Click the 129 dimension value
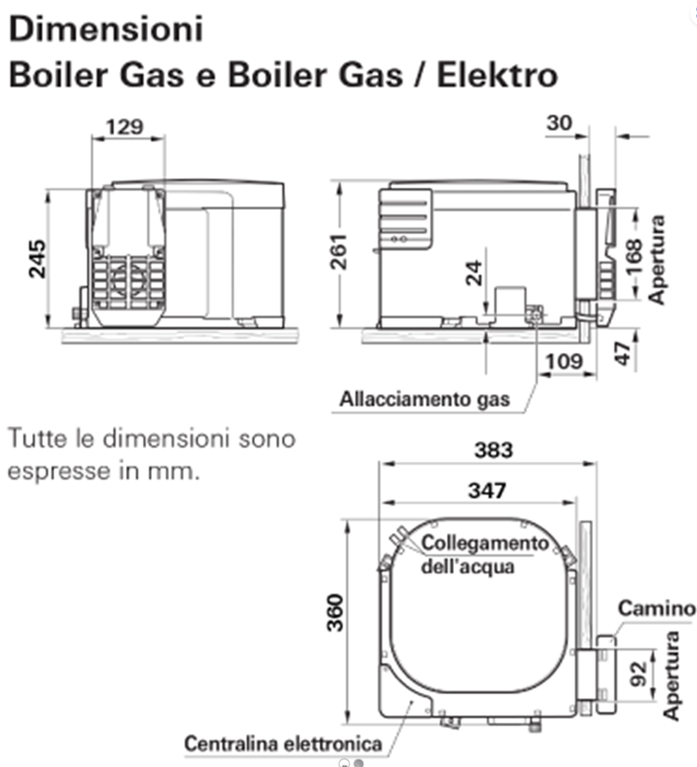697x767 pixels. pyautogui.click(x=125, y=128)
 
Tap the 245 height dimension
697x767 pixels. pyautogui.click(x=37, y=259)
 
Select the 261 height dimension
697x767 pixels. pyautogui.click(x=338, y=252)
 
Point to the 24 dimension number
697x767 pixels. pyautogui.click(x=474, y=274)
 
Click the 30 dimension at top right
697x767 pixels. pyautogui.click(x=559, y=123)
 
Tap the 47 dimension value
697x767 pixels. pyautogui.click(x=622, y=353)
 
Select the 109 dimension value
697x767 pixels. pyautogui.click(x=564, y=362)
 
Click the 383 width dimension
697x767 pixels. pyautogui.click(x=494, y=450)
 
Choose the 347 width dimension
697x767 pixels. pyautogui.click(x=487, y=490)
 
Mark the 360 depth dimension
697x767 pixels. pyautogui.click(x=336, y=613)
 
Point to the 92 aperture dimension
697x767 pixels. pyautogui.click(x=639, y=674)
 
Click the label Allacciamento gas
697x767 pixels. pyautogui.click(x=425, y=399)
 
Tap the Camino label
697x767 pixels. pyautogui.click(x=656, y=609)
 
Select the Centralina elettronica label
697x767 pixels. pyautogui.click(x=283, y=743)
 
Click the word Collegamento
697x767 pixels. pyautogui.click(x=485, y=543)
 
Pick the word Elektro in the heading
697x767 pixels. pyautogui.click(x=497, y=75)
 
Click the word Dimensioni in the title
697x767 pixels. pyautogui.click(x=106, y=29)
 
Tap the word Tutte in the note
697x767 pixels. pyautogui.click(x=37, y=438)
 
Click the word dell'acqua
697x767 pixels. pyautogui.click(x=468, y=566)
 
